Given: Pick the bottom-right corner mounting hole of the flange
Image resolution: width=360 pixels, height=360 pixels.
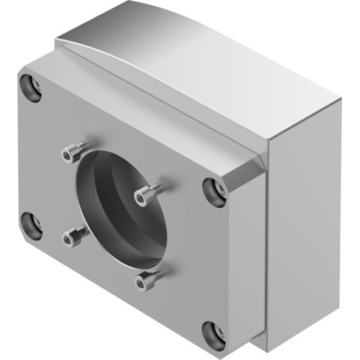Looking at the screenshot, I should [x=213, y=332].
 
